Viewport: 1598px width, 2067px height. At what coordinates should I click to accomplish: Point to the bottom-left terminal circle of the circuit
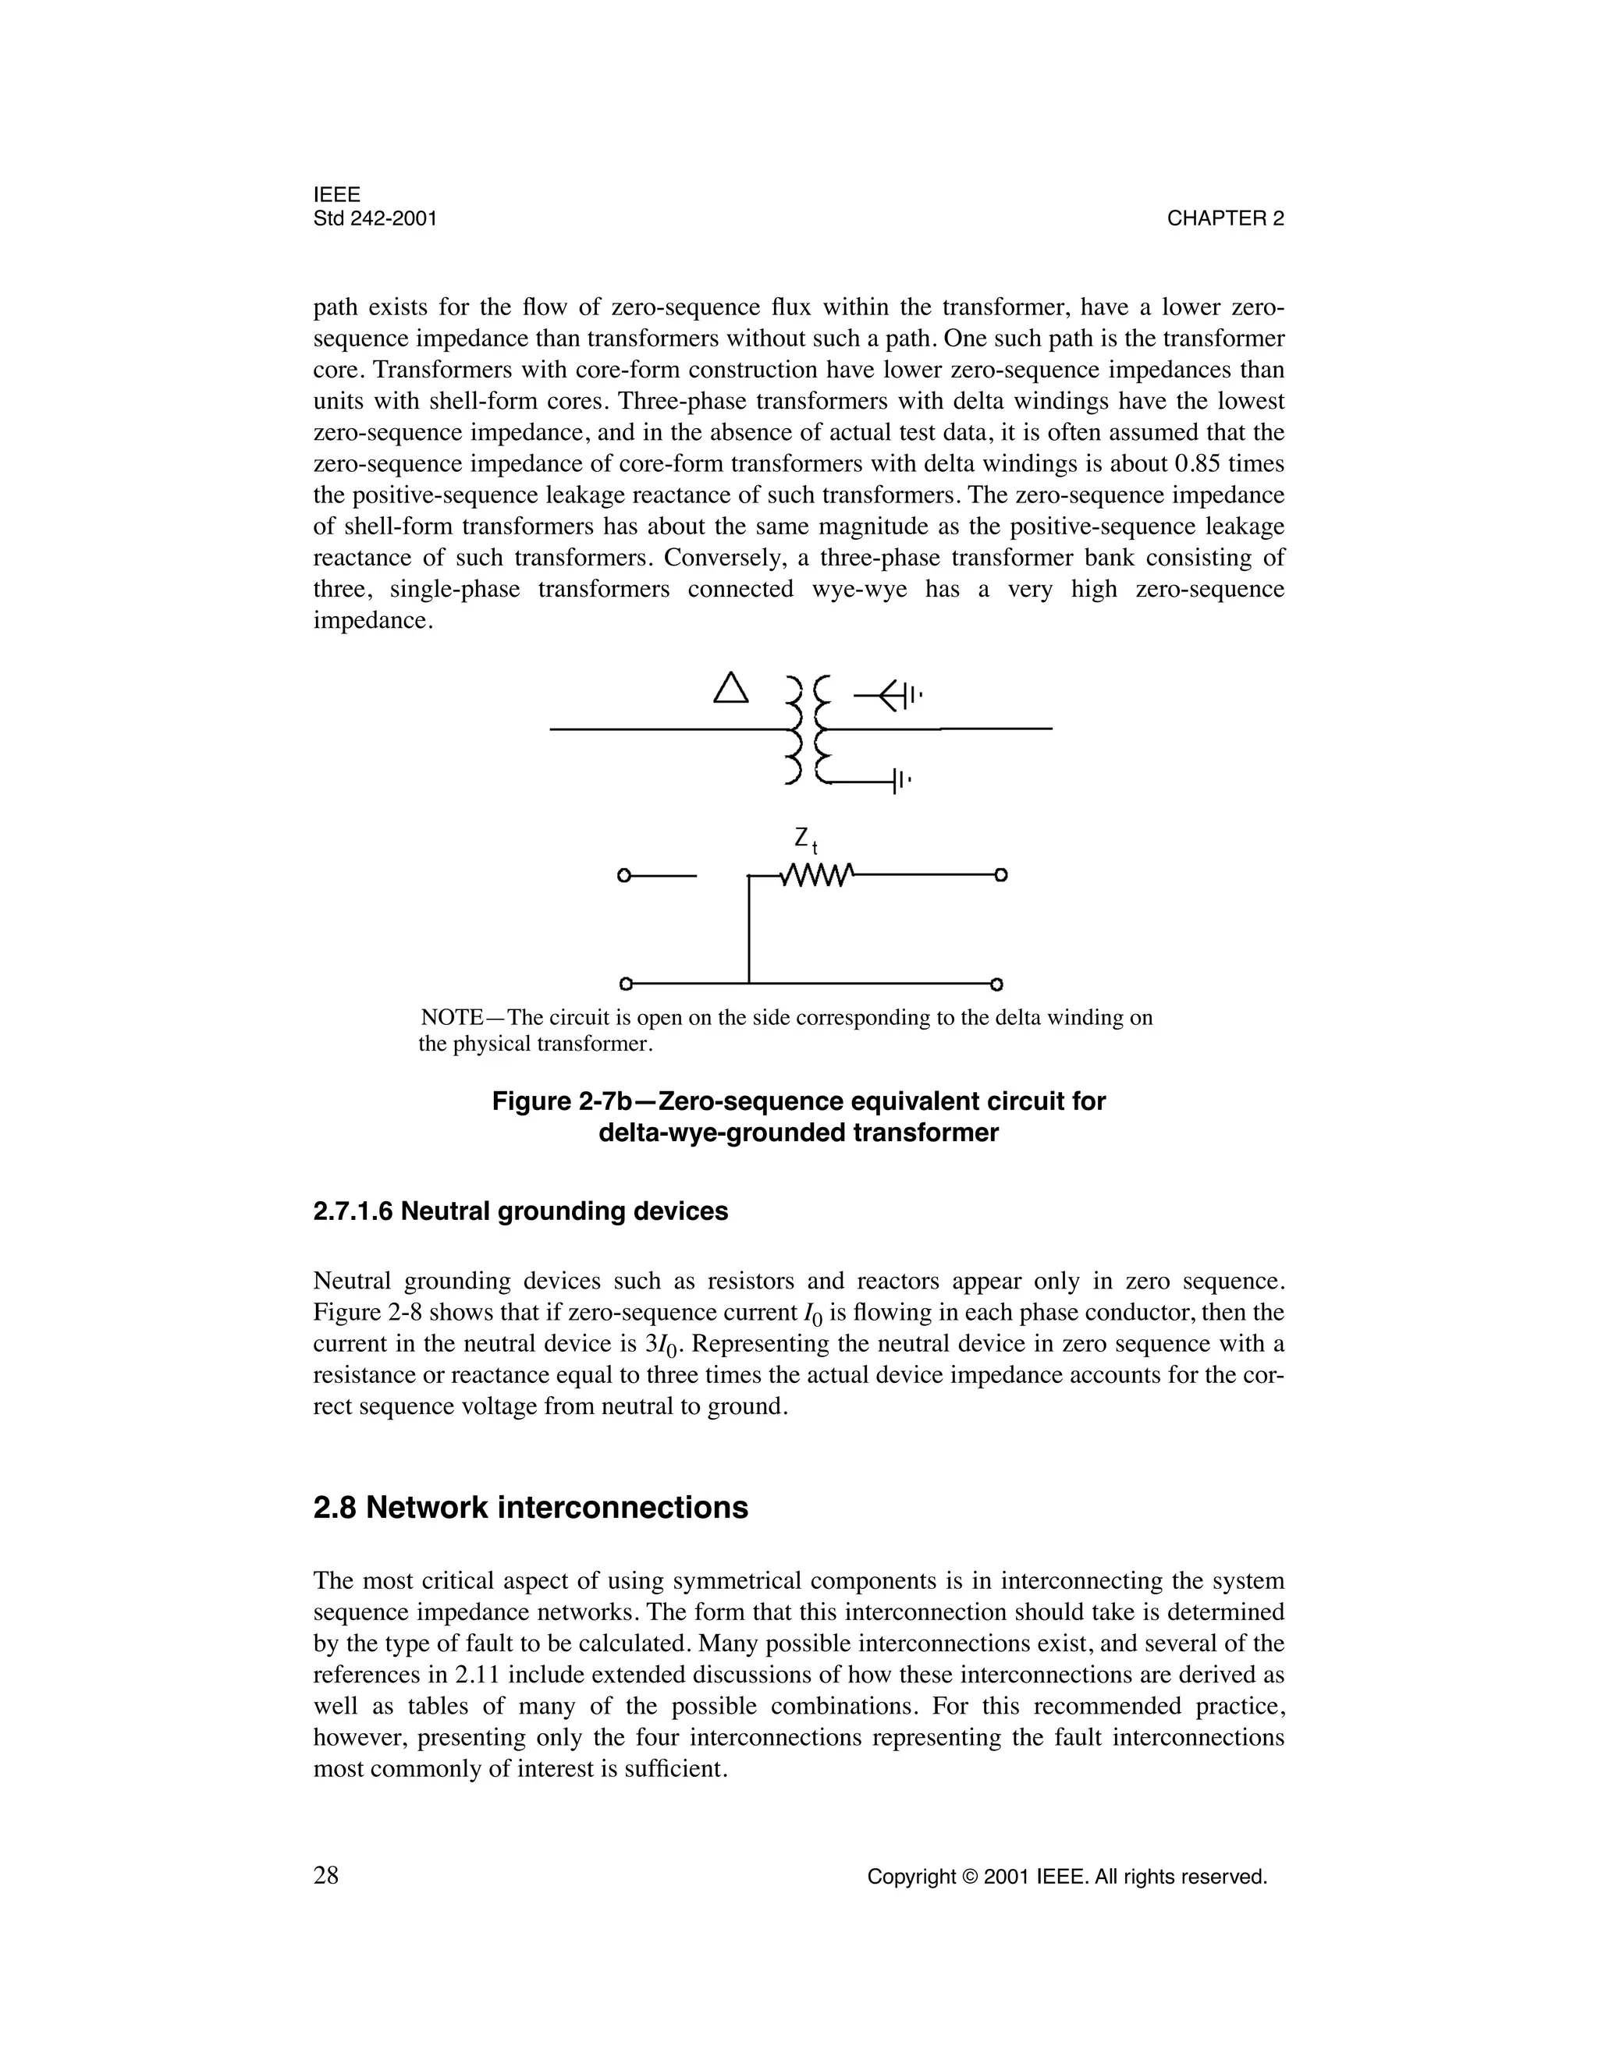point(625,984)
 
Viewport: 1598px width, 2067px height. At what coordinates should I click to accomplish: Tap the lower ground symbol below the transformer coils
point(900,782)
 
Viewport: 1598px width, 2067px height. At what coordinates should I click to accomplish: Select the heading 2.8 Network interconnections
point(530,1508)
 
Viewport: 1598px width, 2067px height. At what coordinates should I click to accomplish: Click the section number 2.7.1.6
point(353,1211)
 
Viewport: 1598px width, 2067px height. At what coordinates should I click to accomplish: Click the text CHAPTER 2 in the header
point(1225,218)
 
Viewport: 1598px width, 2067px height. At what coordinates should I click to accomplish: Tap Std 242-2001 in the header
point(375,218)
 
